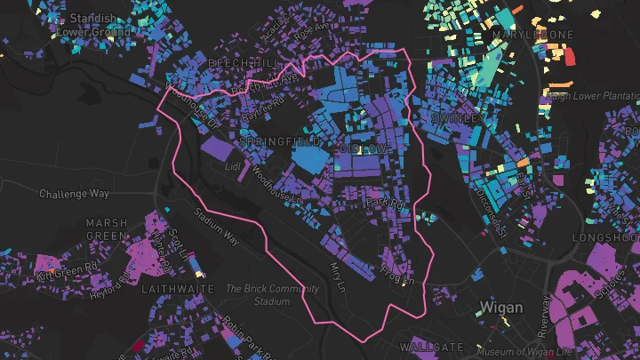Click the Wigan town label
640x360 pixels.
tap(501, 308)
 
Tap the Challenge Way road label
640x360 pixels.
tap(74, 193)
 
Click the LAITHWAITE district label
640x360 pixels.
tap(177, 290)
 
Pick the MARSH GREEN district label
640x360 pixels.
tap(107, 229)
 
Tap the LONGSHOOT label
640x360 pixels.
tap(605, 238)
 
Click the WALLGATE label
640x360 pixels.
tap(431, 346)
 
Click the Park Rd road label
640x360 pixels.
tap(384, 204)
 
